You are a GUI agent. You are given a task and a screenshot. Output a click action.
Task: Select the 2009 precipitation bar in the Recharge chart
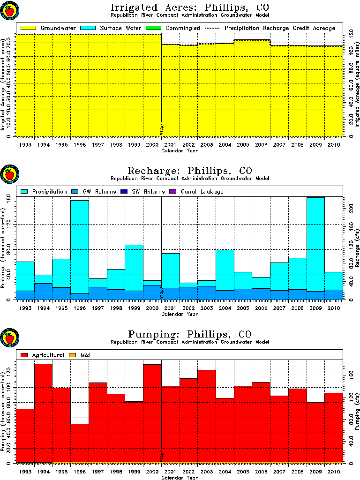[x=315, y=244]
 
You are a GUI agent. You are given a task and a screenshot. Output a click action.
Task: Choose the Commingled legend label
[x=182, y=28]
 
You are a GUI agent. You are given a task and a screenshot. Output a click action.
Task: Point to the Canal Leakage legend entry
[x=204, y=191]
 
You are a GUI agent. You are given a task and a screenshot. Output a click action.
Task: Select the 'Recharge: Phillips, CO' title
[x=189, y=171]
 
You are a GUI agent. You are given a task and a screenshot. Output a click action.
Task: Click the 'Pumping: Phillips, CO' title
[x=189, y=334]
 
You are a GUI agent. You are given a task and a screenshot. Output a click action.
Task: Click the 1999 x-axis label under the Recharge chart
[x=134, y=308]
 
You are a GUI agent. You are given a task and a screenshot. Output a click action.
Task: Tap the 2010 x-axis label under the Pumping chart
[x=333, y=472]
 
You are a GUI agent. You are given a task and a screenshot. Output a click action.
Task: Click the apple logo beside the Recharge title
[x=9, y=175]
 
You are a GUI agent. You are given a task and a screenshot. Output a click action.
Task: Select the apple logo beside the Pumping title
[x=9, y=338]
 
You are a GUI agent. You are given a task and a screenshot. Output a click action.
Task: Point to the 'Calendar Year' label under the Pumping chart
[x=180, y=478]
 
